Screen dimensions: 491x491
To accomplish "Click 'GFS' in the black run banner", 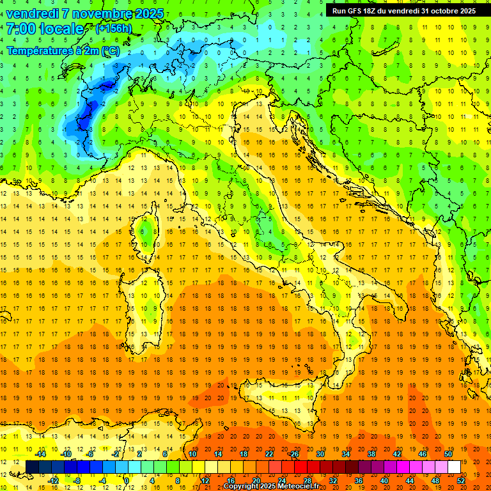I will (x=359, y=11).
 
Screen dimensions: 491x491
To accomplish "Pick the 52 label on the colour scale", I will (x=462, y=480).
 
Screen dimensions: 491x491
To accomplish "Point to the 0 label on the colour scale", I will (x=126, y=480).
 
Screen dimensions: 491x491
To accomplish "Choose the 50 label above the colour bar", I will (x=448, y=454).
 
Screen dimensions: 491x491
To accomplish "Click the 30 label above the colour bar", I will (x=320, y=454).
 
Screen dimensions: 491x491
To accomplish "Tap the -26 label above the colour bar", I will (x=294, y=454).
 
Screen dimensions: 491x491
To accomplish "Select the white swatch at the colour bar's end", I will (x=454, y=467).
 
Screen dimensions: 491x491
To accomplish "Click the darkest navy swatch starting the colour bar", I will (x=32, y=467).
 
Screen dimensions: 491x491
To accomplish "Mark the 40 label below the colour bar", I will (x=384, y=480).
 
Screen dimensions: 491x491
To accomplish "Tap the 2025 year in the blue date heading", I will (x=146, y=13).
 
